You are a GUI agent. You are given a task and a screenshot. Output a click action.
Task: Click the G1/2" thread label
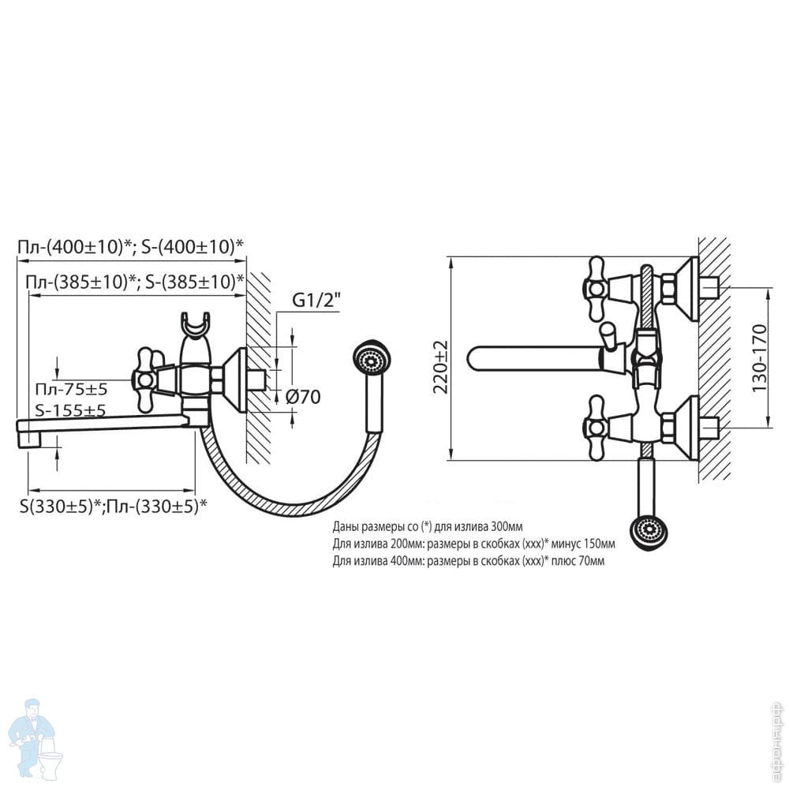point(316,301)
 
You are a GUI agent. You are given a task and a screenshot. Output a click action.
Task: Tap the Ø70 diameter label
point(303,397)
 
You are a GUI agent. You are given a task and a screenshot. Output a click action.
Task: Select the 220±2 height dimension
point(442,366)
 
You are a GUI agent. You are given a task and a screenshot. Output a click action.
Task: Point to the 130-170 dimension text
point(759,358)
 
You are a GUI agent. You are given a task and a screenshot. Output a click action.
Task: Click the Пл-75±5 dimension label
point(72,389)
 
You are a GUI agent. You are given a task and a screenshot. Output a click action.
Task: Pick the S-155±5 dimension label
point(70,410)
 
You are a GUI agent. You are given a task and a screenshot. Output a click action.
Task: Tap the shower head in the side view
point(372,359)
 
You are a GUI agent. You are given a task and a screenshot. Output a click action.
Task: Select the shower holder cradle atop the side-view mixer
point(194,325)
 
